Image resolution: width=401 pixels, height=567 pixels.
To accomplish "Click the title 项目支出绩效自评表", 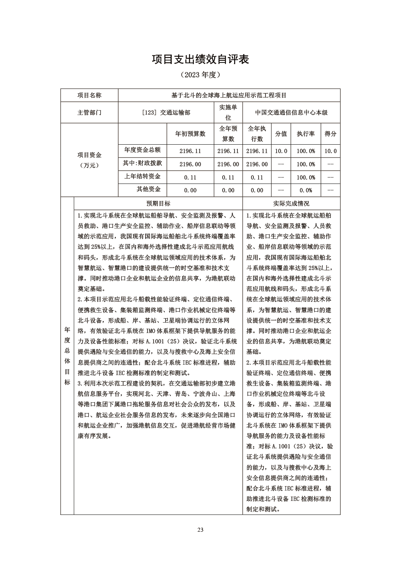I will [200, 60].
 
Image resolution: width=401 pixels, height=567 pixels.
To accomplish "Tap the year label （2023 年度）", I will [200, 75].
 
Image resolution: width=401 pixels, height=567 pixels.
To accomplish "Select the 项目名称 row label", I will [89, 95].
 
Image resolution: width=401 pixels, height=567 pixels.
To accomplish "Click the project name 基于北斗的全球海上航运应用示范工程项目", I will [229, 95].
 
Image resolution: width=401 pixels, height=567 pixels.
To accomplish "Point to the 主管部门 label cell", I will [89, 113].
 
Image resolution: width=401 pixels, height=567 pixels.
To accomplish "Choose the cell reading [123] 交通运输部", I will [166, 113].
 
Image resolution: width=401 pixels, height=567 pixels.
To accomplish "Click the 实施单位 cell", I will [228, 113].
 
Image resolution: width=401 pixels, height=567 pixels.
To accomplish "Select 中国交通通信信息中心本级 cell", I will [291, 113].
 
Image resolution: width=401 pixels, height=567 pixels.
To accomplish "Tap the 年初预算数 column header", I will [190, 134].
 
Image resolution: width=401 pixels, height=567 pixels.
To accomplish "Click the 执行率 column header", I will [306, 134].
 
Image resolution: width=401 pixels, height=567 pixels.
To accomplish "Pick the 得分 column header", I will [330, 134].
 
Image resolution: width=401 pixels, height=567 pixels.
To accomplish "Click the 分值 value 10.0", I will [281, 151].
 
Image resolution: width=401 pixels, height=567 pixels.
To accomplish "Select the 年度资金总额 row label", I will [142, 150].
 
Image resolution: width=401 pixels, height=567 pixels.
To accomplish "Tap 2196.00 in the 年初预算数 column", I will [190, 164].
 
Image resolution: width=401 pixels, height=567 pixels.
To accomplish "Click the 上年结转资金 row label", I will [142, 176].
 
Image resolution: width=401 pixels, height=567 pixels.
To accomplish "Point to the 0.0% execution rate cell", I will [306, 190].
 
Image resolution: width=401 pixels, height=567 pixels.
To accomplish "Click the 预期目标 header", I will [158, 204].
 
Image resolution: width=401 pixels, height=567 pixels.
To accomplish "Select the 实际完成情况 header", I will [291, 204].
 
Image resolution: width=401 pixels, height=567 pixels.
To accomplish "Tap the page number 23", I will [200, 530].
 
